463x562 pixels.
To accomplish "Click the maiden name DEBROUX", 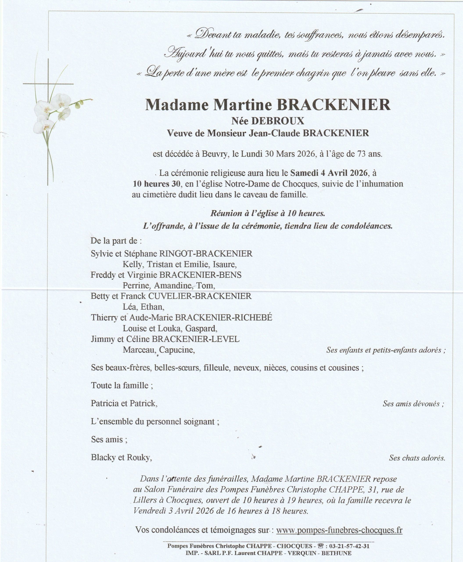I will (277, 121).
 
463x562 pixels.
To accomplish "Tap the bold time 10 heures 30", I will (156, 184).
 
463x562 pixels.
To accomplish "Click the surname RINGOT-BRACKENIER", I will (206, 254).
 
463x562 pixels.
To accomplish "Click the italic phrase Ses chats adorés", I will (417, 458).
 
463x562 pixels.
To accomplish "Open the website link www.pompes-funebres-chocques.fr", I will (339, 530).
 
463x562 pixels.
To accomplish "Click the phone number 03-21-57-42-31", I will (349, 546).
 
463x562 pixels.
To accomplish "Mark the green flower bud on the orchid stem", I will (78, 105).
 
